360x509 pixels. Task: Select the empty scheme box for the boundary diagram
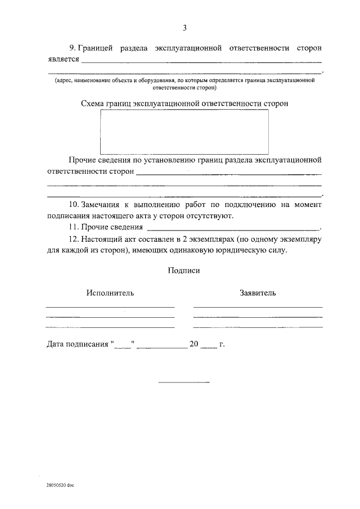pos(184,132)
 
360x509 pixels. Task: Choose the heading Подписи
pos(183,270)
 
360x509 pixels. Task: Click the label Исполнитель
pos(110,293)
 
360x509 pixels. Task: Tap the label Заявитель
pos(257,293)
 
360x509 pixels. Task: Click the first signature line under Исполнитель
pos(110,307)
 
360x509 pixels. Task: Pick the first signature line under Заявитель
pos(257,307)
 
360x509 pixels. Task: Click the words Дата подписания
pos(77,344)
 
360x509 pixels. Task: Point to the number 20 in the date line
pos(194,344)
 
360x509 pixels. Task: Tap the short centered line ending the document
pos(183,382)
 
